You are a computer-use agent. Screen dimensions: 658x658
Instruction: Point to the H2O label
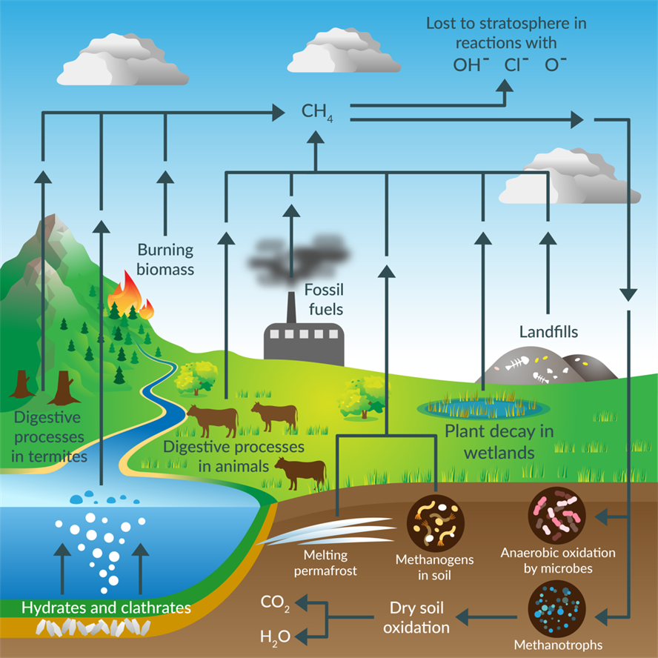tap(275, 636)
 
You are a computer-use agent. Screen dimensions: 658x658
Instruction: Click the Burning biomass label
tap(165, 259)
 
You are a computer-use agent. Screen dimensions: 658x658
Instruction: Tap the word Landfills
tap(548, 331)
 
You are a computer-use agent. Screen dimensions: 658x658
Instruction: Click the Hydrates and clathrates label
tap(106, 608)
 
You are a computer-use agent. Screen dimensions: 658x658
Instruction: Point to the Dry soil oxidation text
tap(419, 617)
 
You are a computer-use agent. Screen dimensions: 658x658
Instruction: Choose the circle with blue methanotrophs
tap(557, 608)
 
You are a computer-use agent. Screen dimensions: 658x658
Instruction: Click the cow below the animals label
tap(301, 472)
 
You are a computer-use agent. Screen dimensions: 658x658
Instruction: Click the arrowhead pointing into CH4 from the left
tap(279, 113)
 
